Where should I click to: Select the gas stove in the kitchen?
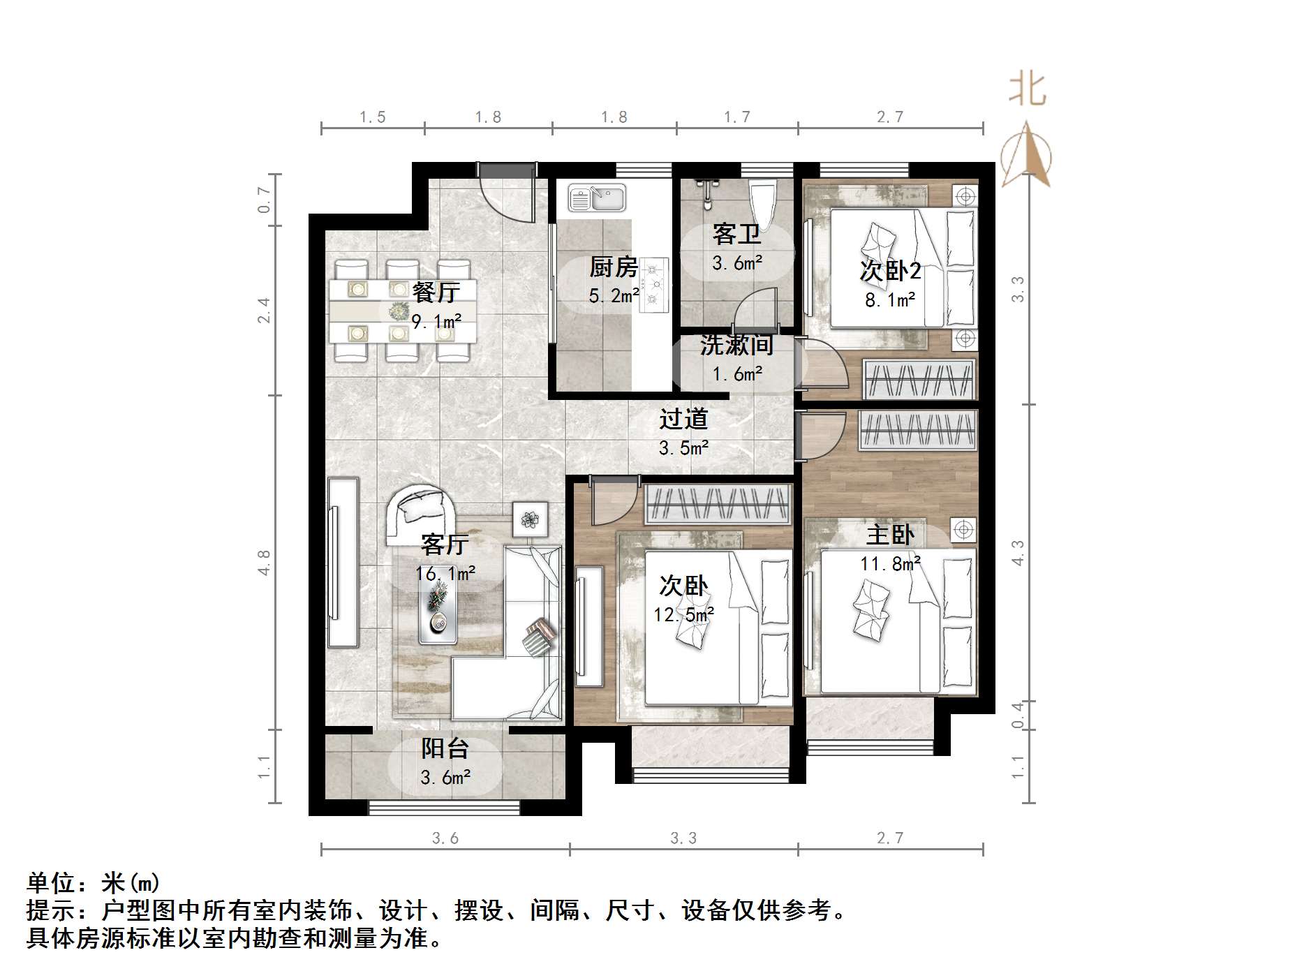coord(655,283)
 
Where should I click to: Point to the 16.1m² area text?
coord(445,573)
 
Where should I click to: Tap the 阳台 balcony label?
coord(445,748)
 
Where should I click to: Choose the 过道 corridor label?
coord(683,419)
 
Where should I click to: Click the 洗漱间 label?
coord(736,345)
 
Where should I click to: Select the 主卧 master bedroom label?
coord(889,535)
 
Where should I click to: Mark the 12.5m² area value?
coord(683,614)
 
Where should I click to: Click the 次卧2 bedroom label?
coord(890,271)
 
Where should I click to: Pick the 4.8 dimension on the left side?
coord(264,563)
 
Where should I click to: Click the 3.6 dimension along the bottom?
coord(445,838)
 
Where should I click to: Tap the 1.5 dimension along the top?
coord(372,117)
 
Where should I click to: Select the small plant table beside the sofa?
coord(531,519)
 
